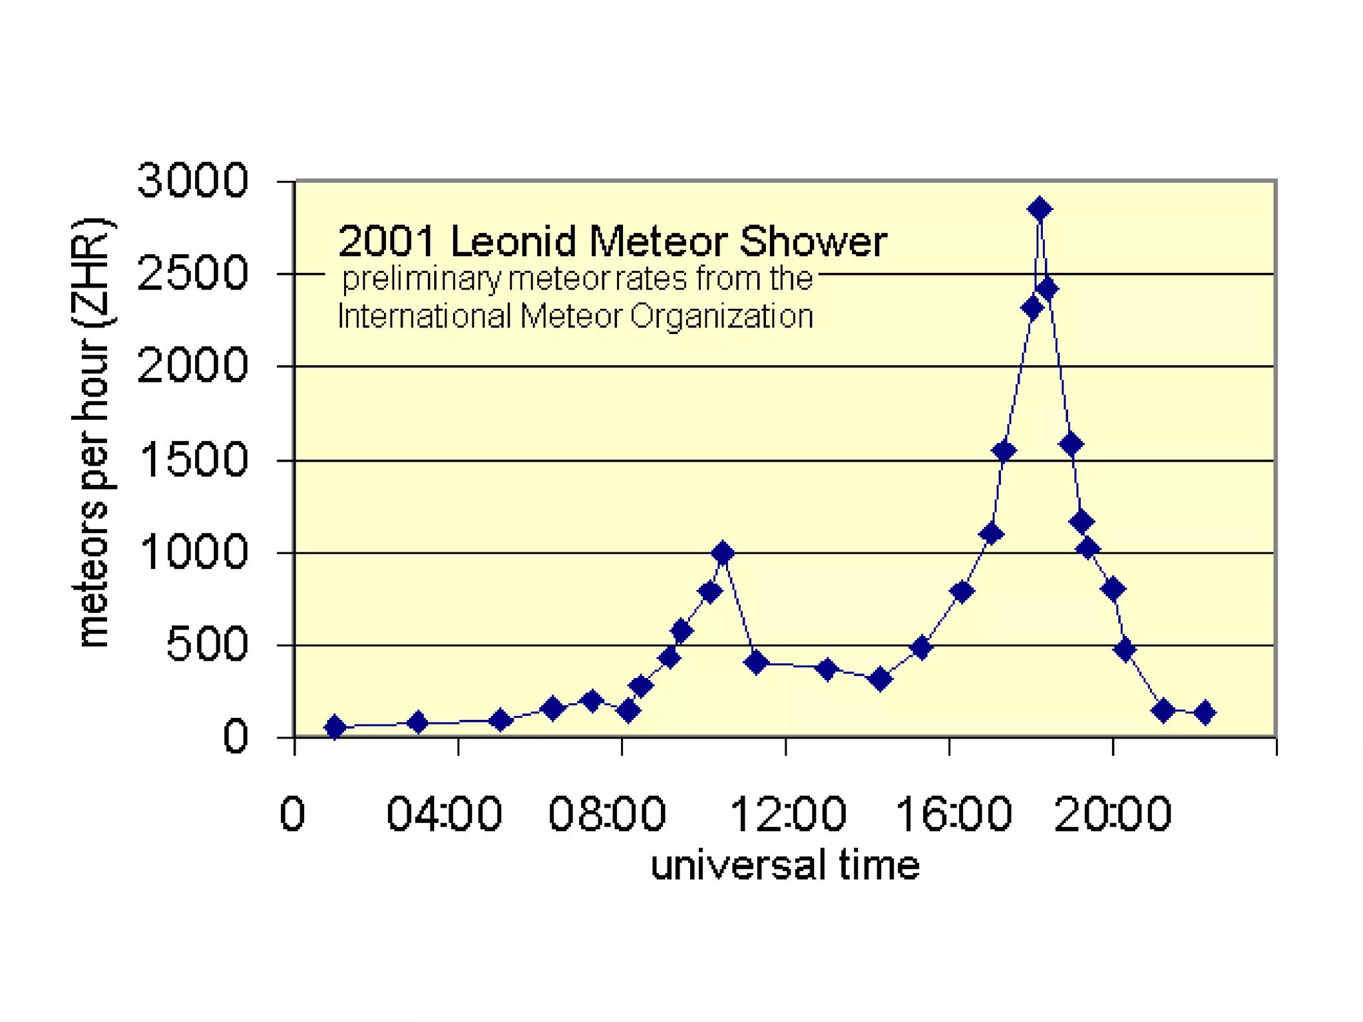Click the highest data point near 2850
(x=1040, y=210)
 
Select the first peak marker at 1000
(x=723, y=553)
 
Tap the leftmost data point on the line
(x=335, y=727)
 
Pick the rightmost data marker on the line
(x=1205, y=713)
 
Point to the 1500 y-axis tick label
(x=194, y=460)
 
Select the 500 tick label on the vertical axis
(x=207, y=645)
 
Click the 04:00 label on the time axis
(x=444, y=814)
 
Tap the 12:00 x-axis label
(x=788, y=814)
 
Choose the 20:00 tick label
(x=1113, y=814)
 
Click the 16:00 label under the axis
(x=953, y=814)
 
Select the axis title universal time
(x=785, y=866)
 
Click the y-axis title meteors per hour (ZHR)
(x=93, y=432)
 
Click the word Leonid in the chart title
(x=512, y=242)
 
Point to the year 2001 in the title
(x=387, y=242)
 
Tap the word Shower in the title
(x=813, y=242)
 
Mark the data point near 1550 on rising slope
(x=1004, y=451)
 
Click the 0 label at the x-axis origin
(x=292, y=814)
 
